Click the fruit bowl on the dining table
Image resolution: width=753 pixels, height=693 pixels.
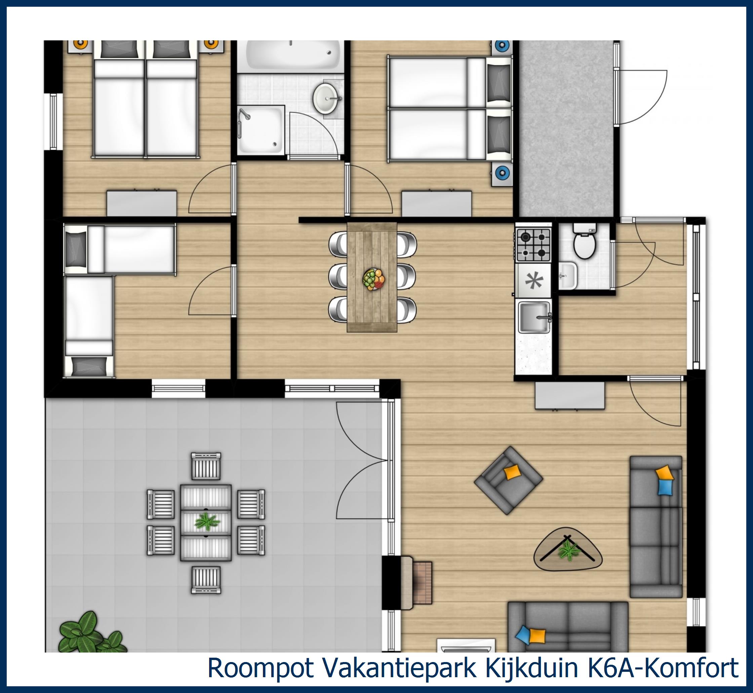point(373,279)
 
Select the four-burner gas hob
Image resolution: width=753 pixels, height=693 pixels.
point(533,245)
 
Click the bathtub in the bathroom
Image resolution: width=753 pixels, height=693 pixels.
point(290,56)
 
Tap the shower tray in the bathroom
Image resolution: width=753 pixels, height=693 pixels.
point(261,130)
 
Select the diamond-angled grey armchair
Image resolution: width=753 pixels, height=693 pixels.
point(508,480)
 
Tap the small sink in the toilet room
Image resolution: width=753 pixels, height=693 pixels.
point(567,276)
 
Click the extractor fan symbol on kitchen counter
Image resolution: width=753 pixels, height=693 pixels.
point(533,281)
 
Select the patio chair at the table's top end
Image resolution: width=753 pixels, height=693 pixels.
point(206,466)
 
